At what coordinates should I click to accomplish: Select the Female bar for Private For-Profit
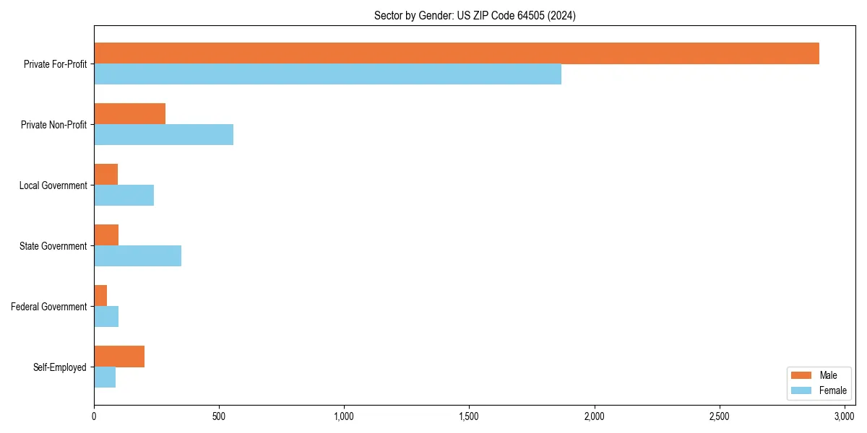(327, 74)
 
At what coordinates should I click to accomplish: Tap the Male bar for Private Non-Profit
(129, 114)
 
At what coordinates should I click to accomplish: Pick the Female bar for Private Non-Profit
(163, 135)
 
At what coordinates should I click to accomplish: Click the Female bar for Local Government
(124, 196)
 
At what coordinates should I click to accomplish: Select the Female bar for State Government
(137, 256)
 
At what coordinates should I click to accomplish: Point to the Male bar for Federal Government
(100, 296)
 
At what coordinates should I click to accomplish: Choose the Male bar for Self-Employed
(119, 357)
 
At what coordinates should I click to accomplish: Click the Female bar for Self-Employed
(105, 377)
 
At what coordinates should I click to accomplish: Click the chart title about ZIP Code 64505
(475, 15)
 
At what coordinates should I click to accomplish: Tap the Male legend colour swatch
(801, 375)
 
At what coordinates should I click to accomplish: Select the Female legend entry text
(832, 390)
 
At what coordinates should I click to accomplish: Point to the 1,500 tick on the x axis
(469, 416)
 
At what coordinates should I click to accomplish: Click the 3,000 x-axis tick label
(844, 416)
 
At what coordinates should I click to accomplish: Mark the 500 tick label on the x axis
(219, 416)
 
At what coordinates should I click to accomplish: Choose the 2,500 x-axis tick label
(719, 416)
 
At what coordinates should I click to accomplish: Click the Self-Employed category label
(60, 367)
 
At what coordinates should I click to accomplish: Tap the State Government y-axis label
(53, 246)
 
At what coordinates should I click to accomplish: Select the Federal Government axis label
(49, 307)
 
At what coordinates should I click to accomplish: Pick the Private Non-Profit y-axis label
(53, 125)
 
